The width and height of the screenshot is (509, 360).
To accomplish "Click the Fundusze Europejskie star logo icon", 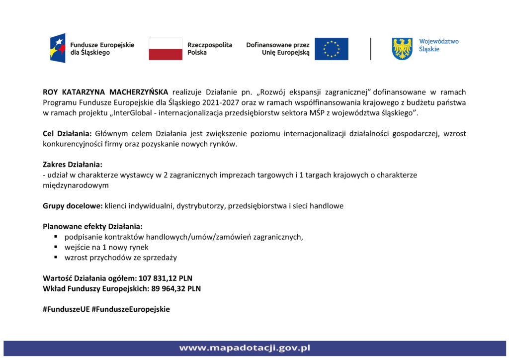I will (58, 48).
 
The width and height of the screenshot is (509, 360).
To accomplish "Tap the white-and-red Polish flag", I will (166, 49).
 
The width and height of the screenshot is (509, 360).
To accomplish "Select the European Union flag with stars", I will (331, 49).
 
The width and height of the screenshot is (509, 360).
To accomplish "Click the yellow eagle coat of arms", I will (402, 49).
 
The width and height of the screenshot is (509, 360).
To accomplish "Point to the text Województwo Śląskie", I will (439, 45).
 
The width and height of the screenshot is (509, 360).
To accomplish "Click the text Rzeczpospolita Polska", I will (209, 48).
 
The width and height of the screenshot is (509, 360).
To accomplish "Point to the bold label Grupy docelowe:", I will (73, 205).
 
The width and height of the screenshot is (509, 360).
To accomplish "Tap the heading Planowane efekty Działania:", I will (92, 226).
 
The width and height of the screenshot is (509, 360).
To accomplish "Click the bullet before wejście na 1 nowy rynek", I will (57, 247).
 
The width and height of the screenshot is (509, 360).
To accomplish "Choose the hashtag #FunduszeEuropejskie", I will (131, 309).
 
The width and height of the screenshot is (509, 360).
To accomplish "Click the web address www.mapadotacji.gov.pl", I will (245, 348).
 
